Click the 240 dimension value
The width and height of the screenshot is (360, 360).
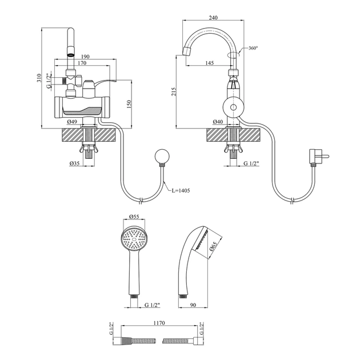tap(213, 18)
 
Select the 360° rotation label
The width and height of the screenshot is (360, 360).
tap(253, 48)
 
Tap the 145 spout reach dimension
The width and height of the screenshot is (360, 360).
tap(209, 63)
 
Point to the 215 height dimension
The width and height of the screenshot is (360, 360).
tap(174, 91)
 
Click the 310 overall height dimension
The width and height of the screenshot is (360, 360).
tap(39, 78)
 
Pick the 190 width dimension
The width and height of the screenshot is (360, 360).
tap(85, 57)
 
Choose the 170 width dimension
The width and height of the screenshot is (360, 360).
tap(82, 63)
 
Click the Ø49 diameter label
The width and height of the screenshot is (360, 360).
tap(72, 122)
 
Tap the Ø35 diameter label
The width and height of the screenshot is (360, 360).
tap(74, 163)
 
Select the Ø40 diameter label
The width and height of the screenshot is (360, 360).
tap(218, 122)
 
